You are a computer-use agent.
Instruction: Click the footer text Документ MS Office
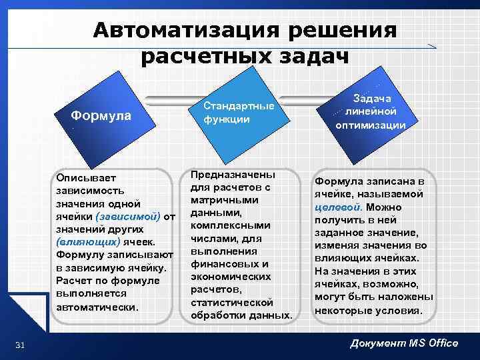click(x=404, y=343)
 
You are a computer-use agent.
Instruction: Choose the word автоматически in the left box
click(x=97, y=307)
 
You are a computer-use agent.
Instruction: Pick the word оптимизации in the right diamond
click(x=370, y=125)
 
